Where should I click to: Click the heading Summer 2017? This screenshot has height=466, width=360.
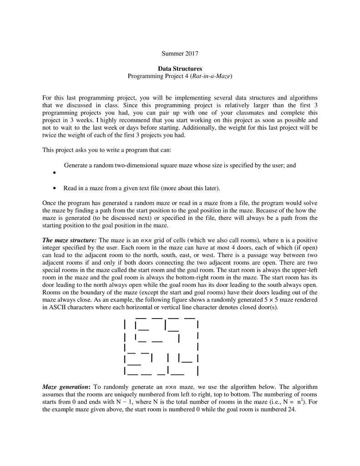pos(180,54)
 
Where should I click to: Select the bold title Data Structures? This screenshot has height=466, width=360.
pos(180,69)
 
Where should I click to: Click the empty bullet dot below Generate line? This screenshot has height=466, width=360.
pos(55,173)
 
